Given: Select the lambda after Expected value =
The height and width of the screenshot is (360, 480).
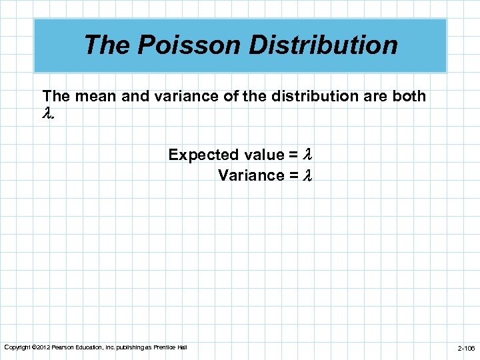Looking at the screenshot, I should coord(308,155).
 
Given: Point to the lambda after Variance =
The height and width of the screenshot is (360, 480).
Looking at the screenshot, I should coord(308,175).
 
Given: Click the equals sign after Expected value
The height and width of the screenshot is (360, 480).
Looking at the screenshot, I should coord(293,155).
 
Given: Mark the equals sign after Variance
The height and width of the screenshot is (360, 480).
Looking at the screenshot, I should coord(293,175).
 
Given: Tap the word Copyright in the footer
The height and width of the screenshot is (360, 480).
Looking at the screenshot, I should coord(17,347).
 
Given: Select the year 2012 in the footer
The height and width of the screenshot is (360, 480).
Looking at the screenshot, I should coord(41,347).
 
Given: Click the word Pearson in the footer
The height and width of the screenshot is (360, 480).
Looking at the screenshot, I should coord(62,347).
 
